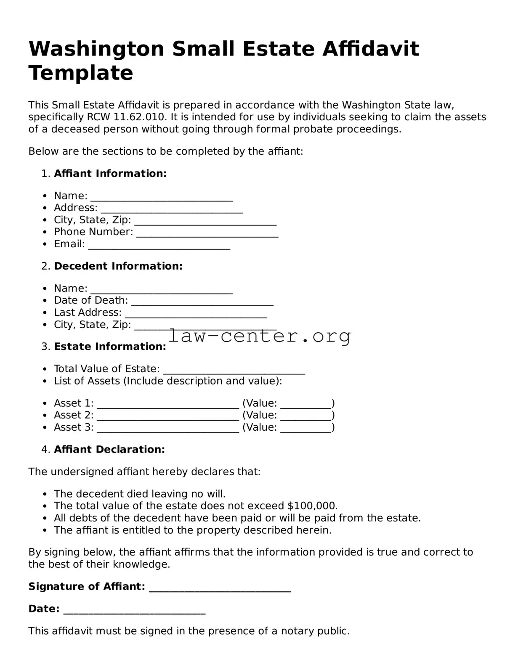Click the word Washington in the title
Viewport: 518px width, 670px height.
96,49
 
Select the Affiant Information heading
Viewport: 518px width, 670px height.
110,174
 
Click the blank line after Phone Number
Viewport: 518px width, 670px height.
207,233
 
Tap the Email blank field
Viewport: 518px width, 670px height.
159,245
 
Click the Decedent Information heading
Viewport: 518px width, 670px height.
118,266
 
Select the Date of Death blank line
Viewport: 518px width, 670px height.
202,302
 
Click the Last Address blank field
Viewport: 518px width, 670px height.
196,314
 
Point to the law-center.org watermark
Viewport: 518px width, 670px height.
259,336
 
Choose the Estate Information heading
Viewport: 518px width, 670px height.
110,347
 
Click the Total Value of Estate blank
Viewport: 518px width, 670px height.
234,370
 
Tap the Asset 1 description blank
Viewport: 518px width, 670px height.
168,405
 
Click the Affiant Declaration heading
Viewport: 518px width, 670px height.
109,450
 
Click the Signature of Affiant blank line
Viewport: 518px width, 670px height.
220,588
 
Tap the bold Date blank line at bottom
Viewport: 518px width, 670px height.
134,610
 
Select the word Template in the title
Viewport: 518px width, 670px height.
81,73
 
